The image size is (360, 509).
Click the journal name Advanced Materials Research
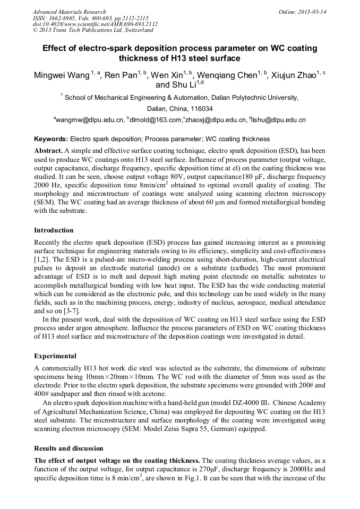click(x=69, y=12)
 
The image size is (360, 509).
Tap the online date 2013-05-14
click(x=313, y=12)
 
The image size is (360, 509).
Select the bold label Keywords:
click(x=50, y=139)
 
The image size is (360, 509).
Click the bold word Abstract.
click(x=48, y=151)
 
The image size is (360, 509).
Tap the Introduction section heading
click(x=54, y=230)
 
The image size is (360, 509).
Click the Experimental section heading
click(x=55, y=356)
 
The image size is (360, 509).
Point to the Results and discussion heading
click(x=68, y=448)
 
